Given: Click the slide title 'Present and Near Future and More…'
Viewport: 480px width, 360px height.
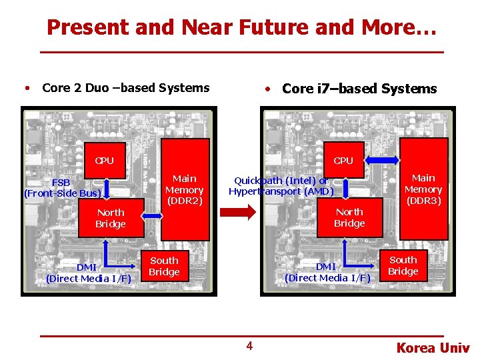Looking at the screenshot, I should pos(241,27).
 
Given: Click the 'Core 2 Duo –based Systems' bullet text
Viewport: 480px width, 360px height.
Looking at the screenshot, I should pos(125,88).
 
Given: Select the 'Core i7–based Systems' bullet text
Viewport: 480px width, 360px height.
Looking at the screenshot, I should pos(359,89).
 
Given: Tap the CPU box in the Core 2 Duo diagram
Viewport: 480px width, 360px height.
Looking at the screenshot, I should pos(105,161).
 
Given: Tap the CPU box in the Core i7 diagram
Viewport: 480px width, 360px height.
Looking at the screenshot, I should pos(343,161).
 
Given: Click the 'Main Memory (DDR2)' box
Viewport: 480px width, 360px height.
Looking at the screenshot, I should pos(185,189).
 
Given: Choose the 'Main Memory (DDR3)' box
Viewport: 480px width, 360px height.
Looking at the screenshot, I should pos(423,189).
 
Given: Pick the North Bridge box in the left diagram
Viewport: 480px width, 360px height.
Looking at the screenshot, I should pos(111,218).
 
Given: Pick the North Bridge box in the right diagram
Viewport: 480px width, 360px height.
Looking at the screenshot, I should pos(349,217).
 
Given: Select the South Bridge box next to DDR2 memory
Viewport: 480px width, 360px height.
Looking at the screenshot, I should pos(164,266).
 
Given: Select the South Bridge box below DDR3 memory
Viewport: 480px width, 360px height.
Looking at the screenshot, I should pos(403,265).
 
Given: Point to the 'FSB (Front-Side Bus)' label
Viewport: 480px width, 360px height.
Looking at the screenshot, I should pos(63,188).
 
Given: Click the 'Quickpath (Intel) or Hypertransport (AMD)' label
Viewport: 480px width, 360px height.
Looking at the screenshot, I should pos(281,186).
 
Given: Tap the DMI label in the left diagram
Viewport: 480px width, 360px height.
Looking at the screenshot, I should pos(89,273).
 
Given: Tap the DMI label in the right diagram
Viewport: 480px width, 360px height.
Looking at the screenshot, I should pos(327,272).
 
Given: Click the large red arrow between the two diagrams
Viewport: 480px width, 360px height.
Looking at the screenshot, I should pos(237,212).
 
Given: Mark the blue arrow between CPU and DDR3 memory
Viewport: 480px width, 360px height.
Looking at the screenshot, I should pos(382,159).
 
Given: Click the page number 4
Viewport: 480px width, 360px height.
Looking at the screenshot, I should pos(249,345).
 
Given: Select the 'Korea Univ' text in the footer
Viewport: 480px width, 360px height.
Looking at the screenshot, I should pos(433,347).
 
